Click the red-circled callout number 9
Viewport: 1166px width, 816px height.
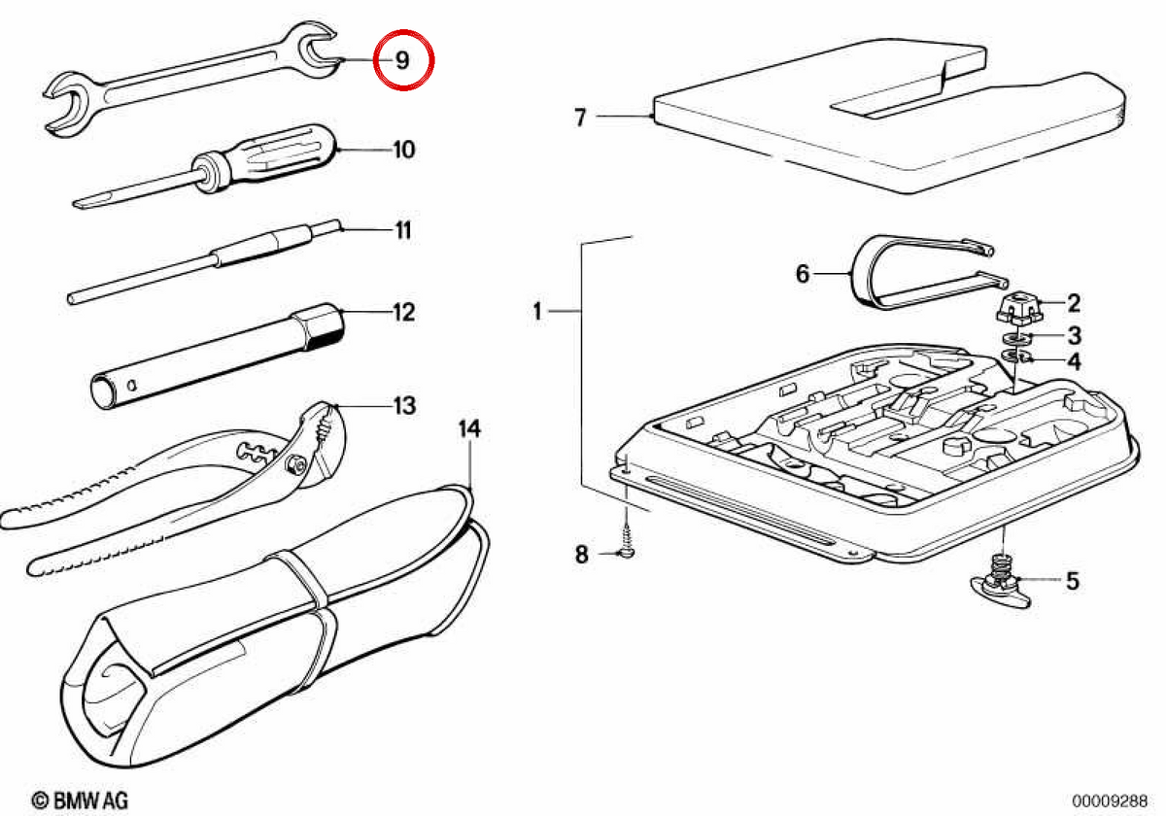tap(402, 60)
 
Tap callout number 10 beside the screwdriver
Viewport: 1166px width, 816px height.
tap(404, 150)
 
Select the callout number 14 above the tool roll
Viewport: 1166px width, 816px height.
tap(469, 428)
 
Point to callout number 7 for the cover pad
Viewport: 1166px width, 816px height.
tap(580, 118)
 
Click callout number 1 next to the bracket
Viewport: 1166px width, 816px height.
tap(537, 311)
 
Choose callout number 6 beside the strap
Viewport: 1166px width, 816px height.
tap(803, 274)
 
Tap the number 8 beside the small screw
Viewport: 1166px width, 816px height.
tap(581, 555)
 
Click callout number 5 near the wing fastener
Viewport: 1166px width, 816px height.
tap(1073, 581)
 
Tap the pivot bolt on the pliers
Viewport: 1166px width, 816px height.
tap(294, 463)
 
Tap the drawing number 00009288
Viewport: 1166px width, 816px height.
tap(1110, 800)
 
